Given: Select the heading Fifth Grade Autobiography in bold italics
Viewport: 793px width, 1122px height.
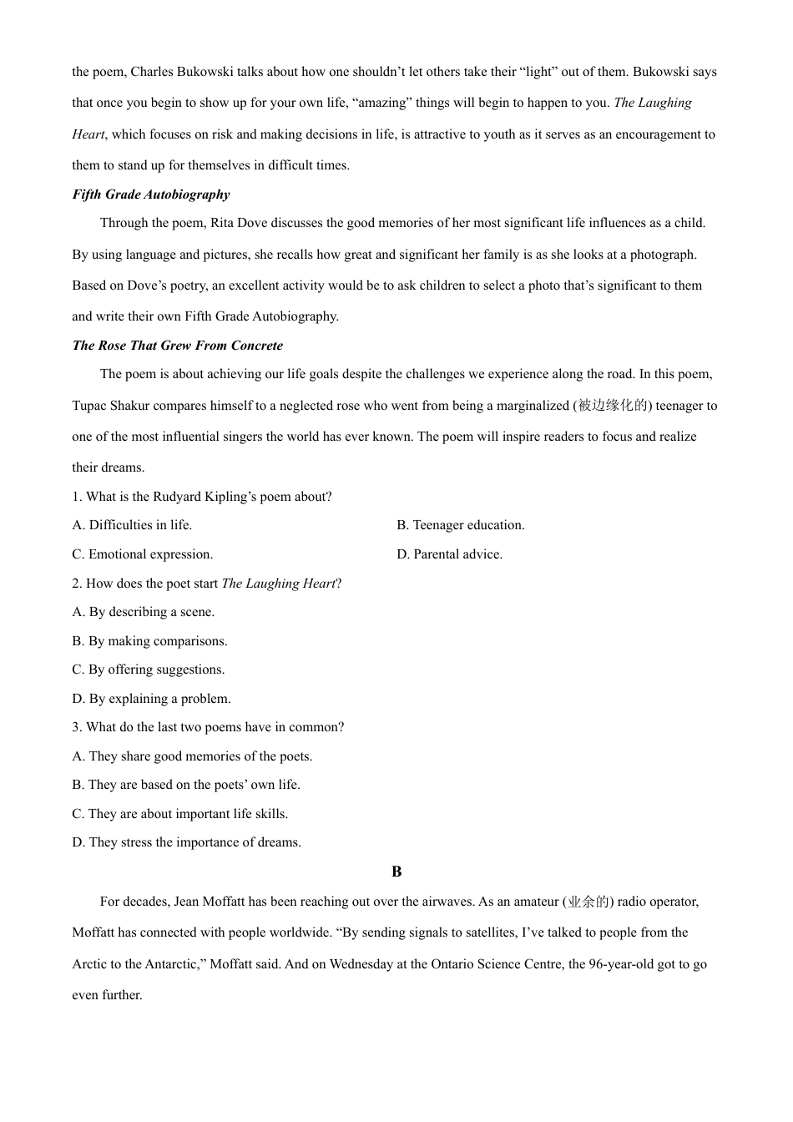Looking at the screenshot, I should click(151, 195).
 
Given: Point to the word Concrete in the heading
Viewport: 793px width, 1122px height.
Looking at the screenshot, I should click(256, 346).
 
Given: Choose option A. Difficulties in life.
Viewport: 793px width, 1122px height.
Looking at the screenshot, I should click(132, 525).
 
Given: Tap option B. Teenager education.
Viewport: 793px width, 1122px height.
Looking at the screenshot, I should click(461, 525).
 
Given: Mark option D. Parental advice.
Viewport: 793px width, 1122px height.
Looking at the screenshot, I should click(450, 554).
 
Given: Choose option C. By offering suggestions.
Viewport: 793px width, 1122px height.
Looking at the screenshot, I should click(149, 670).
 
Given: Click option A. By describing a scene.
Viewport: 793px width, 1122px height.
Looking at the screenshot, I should click(144, 612).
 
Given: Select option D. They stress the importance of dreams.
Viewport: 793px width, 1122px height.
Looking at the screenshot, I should click(187, 842).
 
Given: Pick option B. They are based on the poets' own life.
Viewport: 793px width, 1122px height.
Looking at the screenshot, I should click(186, 785).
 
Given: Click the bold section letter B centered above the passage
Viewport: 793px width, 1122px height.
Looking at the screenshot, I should click(396, 872).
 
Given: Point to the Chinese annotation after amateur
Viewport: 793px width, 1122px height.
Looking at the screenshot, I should click(588, 902).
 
